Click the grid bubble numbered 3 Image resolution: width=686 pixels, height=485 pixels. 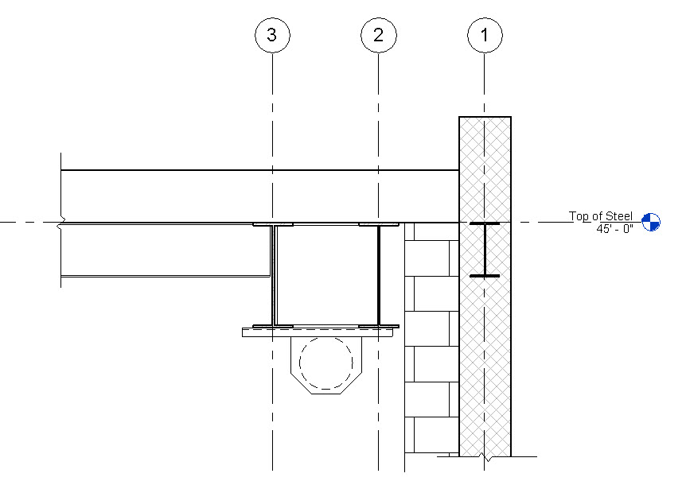coord(272,35)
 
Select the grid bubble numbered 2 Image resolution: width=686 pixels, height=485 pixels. coord(378,35)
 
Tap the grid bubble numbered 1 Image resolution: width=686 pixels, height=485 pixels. coord(484,35)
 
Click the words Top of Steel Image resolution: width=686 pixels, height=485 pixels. coord(600,216)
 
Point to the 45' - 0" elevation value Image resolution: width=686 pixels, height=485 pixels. coord(614,229)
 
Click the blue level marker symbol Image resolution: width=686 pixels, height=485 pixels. coord(651,222)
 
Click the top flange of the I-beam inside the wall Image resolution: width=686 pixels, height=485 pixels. coord(484,225)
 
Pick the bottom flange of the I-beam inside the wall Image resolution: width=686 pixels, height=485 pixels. coord(484,276)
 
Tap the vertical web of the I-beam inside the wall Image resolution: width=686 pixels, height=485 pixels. coord(484,250)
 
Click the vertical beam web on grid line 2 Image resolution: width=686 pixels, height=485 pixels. coord(378,274)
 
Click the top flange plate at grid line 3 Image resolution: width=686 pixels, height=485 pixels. coord(272,225)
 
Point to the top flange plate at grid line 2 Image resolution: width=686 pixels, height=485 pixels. coord(378,225)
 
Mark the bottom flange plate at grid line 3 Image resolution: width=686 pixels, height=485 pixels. coord(272,325)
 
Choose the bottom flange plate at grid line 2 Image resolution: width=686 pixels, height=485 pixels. coord(378,325)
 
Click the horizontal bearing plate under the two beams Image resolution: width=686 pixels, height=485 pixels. coord(318,332)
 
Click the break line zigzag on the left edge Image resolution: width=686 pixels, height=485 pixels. coord(61,222)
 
